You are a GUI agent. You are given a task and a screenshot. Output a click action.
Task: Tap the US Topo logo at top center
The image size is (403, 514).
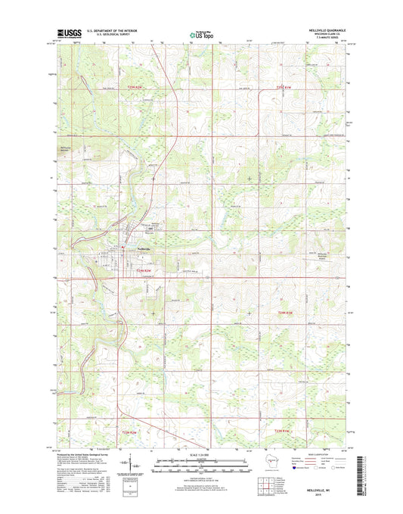200,33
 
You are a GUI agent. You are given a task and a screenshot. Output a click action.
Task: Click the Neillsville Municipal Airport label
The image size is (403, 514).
323,255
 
